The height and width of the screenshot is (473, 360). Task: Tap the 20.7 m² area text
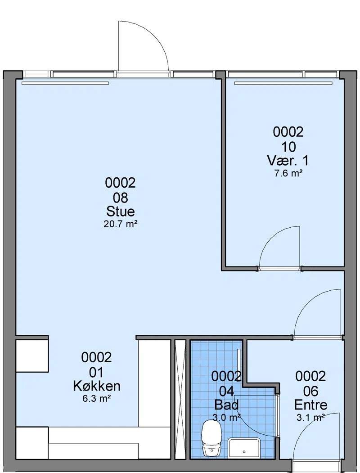click(121, 224)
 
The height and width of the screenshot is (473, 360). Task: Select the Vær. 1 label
click(288, 161)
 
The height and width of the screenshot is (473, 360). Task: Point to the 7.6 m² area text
click(288, 173)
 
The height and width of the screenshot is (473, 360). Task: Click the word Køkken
click(96, 386)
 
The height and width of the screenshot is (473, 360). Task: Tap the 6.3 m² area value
click(96, 398)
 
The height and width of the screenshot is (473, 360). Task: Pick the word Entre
click(310, 405)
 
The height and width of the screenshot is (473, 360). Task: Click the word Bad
click(226, 405)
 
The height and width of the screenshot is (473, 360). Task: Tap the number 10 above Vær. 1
click(288, 147)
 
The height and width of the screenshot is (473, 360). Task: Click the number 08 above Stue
click(120, 198)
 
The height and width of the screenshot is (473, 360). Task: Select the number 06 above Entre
click(310, 391)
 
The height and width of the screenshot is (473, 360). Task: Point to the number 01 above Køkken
click(96, 372)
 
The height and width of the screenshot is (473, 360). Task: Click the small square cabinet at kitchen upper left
click(32, 356)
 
